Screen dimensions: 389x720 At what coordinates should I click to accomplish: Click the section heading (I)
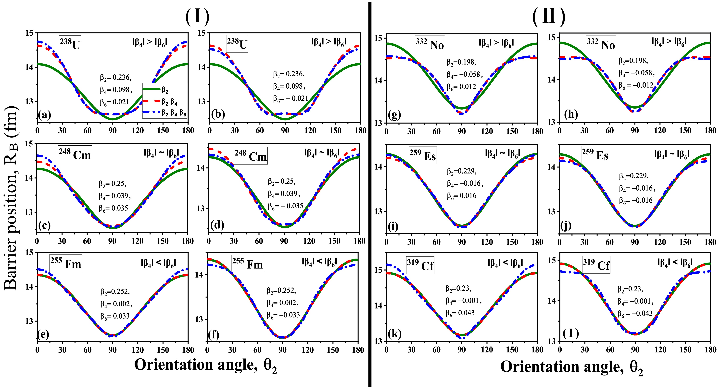(x=197, y=16)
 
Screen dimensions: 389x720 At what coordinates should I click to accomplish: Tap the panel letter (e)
(x=43, y=335)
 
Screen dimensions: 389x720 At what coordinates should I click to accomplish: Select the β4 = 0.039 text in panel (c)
(x=115, y=196)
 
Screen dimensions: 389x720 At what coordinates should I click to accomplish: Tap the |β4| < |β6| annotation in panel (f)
(x=319, y=262)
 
